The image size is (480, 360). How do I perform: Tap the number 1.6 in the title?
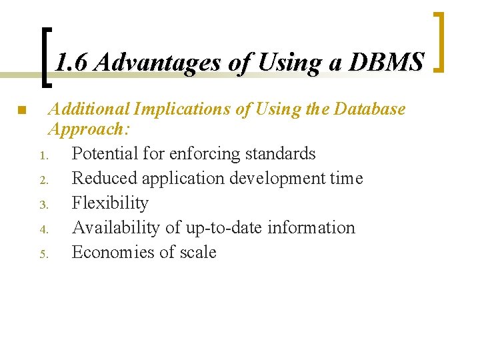pos(72,63)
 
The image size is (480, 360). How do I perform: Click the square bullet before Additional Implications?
pos(21,109)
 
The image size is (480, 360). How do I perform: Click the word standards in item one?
pos(280,153)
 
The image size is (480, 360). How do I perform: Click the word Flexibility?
pos(110,203)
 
